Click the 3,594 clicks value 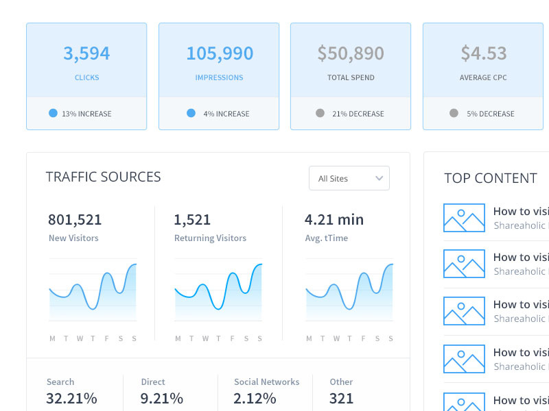click(x=86, y=53)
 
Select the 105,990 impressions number click(x=220, y=53)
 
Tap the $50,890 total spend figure click(x=351, y=53)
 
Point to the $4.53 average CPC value click(x=483, y=53)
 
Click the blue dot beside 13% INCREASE click(x=54, y=113)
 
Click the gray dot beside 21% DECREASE click(x=320, y=113)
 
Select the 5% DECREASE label click(x=490, y=114)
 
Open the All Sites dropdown click(x=349, y=178)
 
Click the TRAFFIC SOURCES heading click(x=103, y=177)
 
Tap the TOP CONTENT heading click(x=490, y=178)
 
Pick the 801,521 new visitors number click(x=75, y=220)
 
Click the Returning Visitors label click(x=210, y=238)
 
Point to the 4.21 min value click(x=334, y=220)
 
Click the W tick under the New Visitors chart click(x=80, y=338)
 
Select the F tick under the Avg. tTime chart click(x=364, y=338)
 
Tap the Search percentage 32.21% click(x=71, y=398)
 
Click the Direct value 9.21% click(x=162, y=398)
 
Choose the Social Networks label click(x=266, y=382)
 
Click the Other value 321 click(x=341, y=398)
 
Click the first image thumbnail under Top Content click(x=464, y=218)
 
